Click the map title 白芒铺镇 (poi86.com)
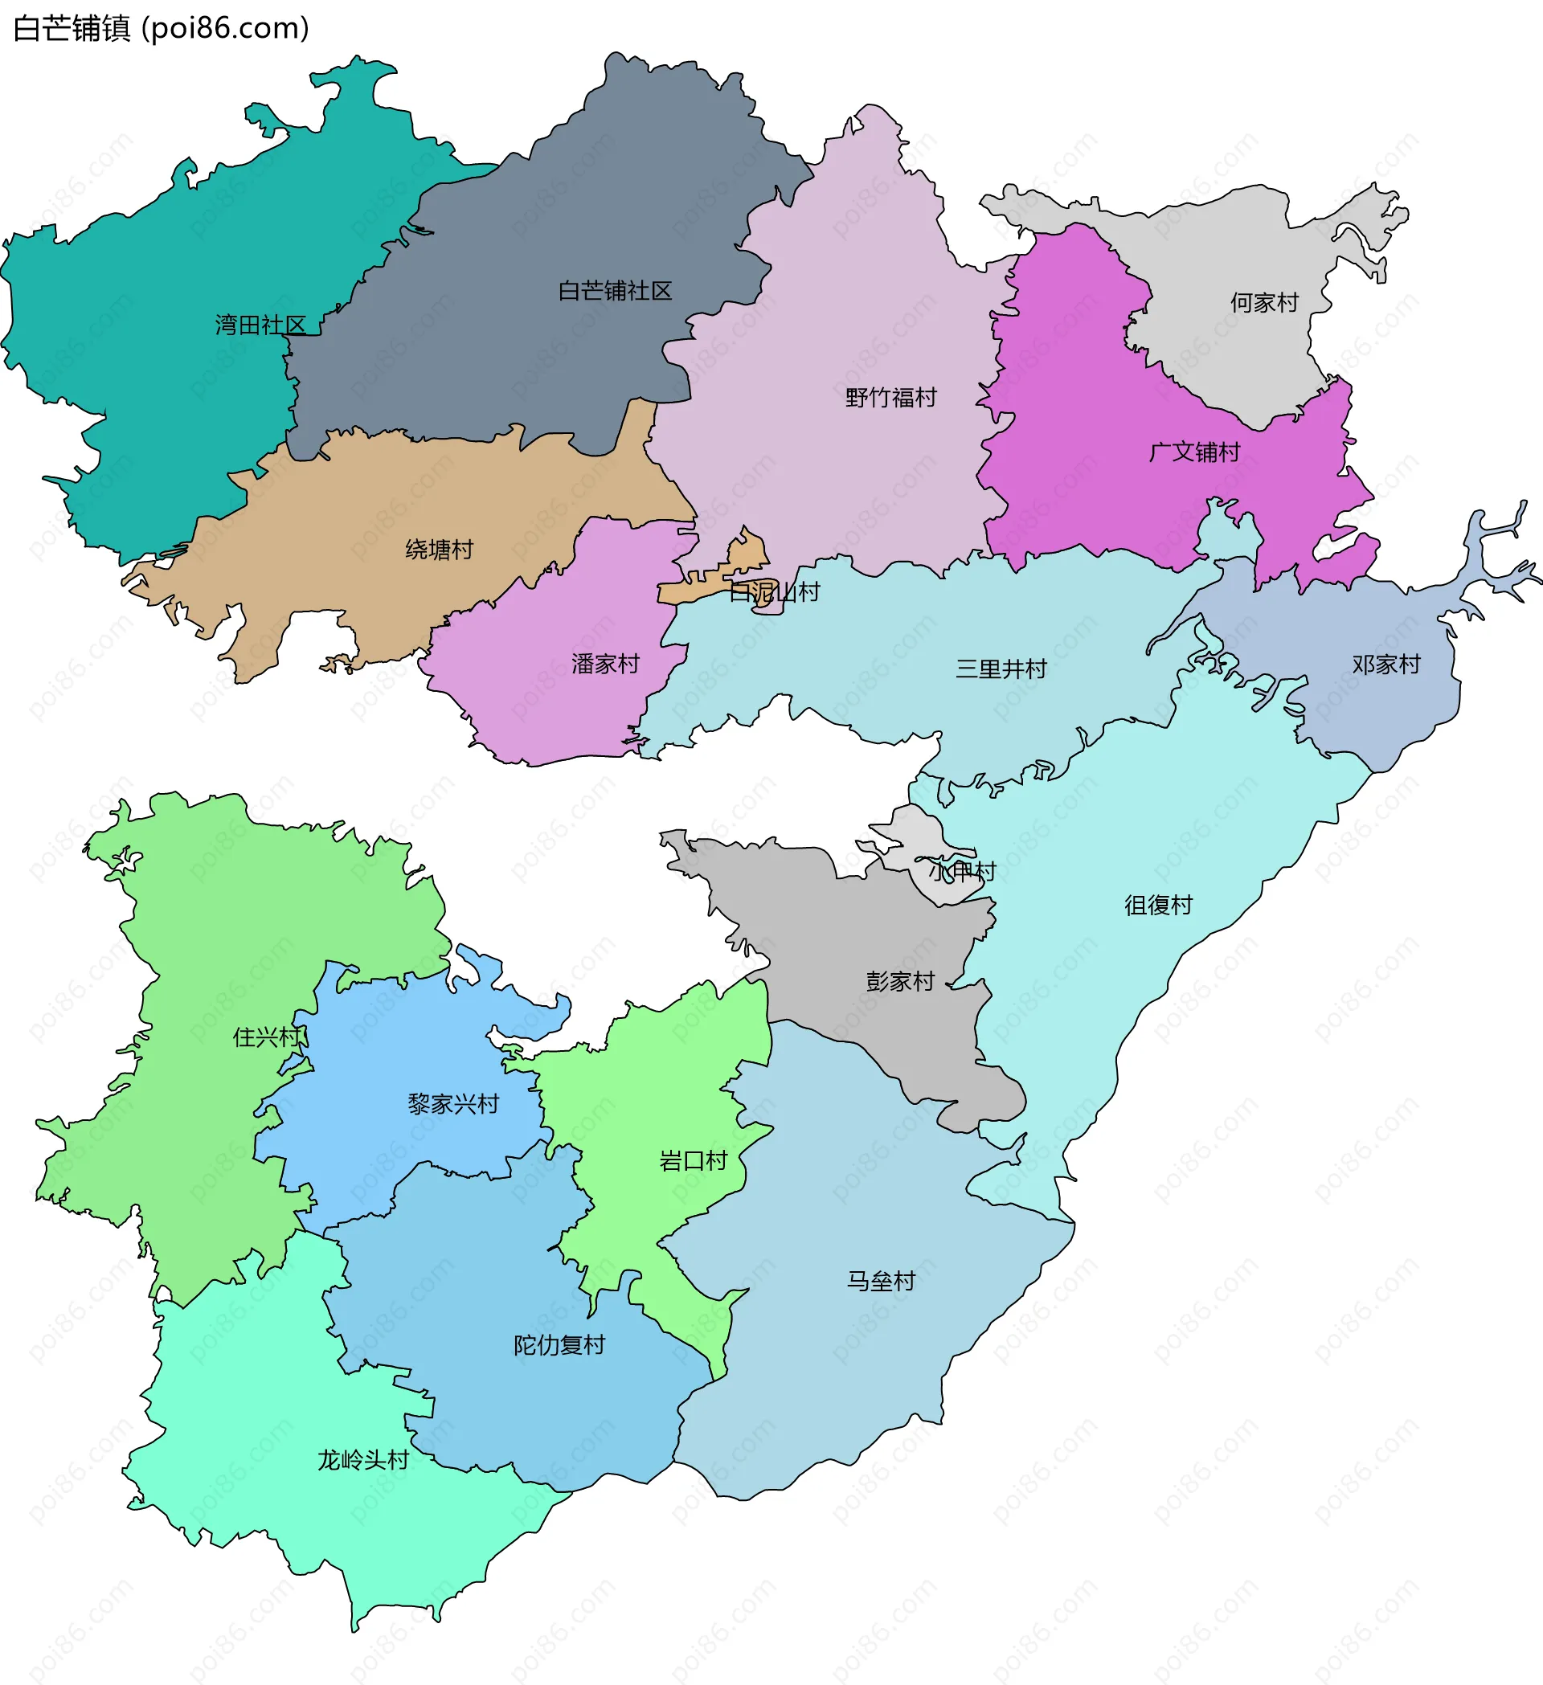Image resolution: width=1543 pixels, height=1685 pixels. (162, 28)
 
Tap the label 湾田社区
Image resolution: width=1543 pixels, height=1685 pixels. (260, 325)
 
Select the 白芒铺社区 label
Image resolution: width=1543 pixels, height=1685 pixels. (616, 291)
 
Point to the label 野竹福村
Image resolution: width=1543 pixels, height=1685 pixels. (891, 397)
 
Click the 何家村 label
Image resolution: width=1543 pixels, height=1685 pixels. (1264, 303)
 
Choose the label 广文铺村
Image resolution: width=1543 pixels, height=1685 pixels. (1194, 452)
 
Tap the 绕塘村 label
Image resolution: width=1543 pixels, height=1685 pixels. (439, 549)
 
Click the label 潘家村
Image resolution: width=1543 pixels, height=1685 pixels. (605, 664)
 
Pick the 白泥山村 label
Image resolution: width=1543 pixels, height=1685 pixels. (774, 591)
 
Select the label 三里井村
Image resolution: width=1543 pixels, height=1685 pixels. (1001, 669)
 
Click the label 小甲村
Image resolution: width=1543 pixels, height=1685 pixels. (962, 872)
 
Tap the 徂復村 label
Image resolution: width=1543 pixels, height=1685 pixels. (1158, 906)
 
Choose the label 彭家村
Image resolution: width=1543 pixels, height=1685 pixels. (899, 981)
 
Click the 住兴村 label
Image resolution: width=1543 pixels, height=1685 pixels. (267, 1037)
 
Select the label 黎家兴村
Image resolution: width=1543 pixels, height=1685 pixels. (453, 1104)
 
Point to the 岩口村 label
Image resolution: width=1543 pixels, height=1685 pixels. (693, 1161)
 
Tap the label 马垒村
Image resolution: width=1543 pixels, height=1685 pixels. (881, 1282)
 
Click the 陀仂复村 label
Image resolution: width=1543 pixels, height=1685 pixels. (559, 1346)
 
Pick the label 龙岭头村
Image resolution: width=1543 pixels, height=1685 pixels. (362, 1460)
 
